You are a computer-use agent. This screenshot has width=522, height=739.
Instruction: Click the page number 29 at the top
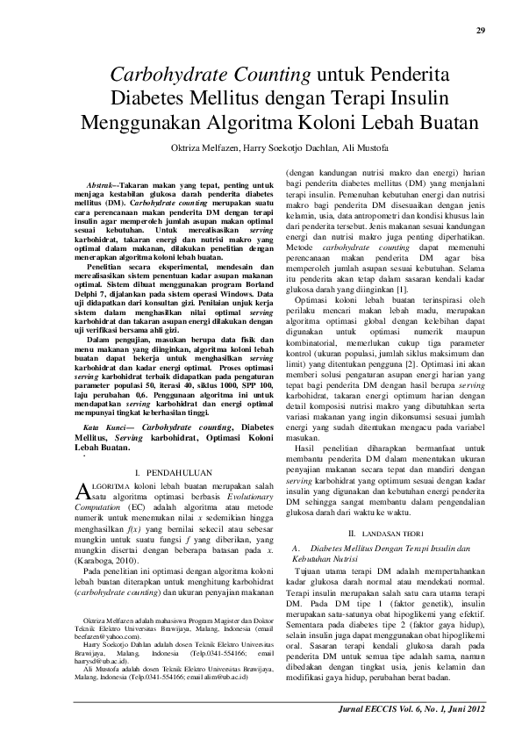click(493, 32)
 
